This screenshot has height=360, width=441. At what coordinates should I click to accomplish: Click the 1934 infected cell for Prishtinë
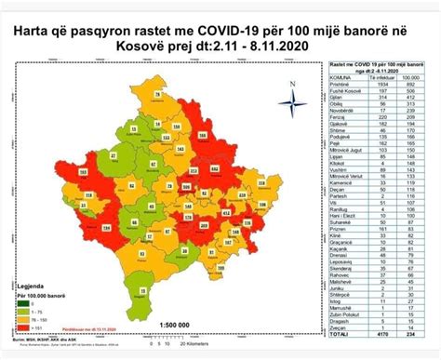tap(379, 82)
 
